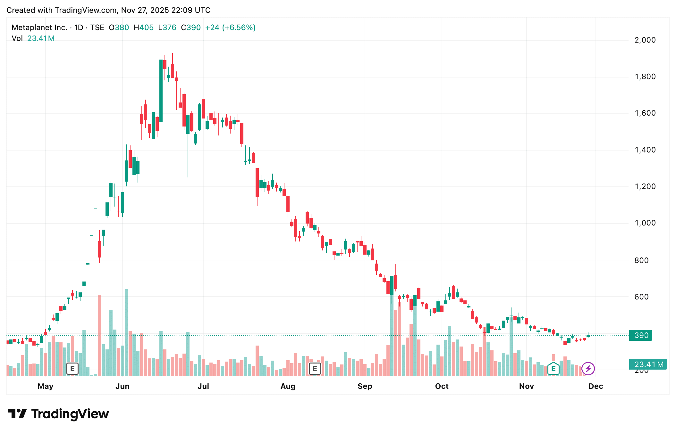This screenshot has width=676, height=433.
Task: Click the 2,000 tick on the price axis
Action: (645, 40)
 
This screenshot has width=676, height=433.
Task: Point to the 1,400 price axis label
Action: (645, 150)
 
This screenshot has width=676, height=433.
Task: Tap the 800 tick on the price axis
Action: (641, 260)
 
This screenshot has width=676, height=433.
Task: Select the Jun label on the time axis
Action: (123, 386)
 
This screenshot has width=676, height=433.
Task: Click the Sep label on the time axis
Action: (365, 386)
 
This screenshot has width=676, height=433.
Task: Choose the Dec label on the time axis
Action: (596, 386)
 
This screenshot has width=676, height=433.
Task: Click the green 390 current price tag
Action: (641, 335)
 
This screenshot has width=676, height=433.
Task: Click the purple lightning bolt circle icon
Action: (588, 369)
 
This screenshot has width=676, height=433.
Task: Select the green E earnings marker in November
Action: (553, 369)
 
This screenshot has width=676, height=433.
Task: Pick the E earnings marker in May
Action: (72, 369)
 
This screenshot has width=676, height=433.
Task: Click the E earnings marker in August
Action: (315, 369)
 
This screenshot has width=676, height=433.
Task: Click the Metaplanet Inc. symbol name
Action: (39, 28)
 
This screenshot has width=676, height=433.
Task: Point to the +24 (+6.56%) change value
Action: (230, 28)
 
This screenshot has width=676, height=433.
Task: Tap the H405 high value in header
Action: (144, 28)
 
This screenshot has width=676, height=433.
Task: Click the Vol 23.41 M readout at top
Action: (33, 38)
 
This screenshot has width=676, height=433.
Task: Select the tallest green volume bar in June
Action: (126, 333)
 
